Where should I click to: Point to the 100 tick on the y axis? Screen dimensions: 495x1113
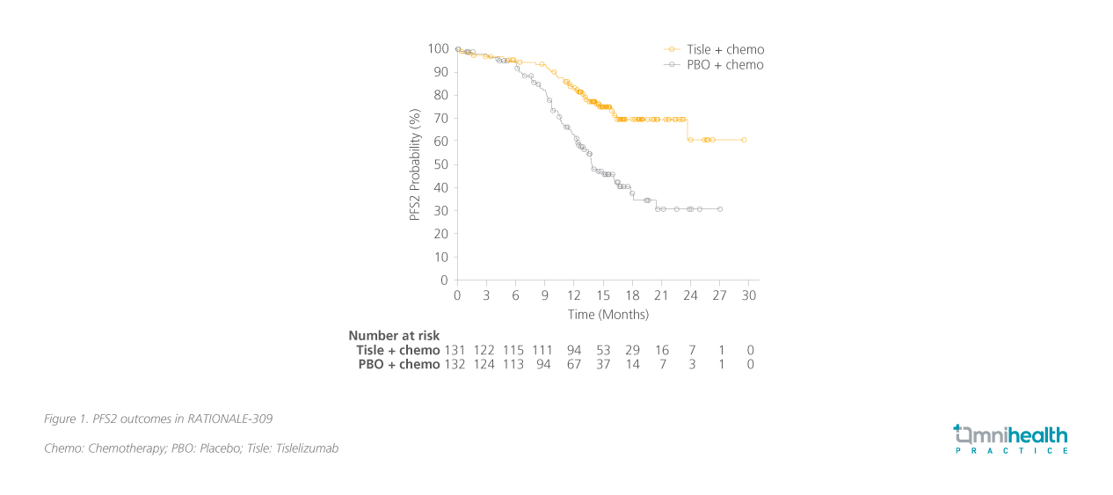point(438,48)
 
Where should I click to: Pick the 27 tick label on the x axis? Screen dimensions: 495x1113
point(720,295)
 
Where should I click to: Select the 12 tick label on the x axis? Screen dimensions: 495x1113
point(574,295)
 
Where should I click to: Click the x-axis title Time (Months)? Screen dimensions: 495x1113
point(608,314)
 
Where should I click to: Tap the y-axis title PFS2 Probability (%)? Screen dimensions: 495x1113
point(415,164)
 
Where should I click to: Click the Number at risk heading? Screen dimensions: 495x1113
point(394,335)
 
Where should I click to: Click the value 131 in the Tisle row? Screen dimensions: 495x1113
point(456,350)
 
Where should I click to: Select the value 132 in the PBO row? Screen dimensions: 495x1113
point(456,364)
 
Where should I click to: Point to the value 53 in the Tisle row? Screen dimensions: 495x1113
point(603,350)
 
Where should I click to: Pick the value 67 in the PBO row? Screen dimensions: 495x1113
point(574,364)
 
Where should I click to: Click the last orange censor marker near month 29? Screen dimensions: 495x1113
point(744,140)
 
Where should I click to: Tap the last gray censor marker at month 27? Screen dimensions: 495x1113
point(720,209)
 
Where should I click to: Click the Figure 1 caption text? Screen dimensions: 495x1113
point(164,419)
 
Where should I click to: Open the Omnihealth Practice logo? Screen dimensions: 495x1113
point(1010,439)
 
